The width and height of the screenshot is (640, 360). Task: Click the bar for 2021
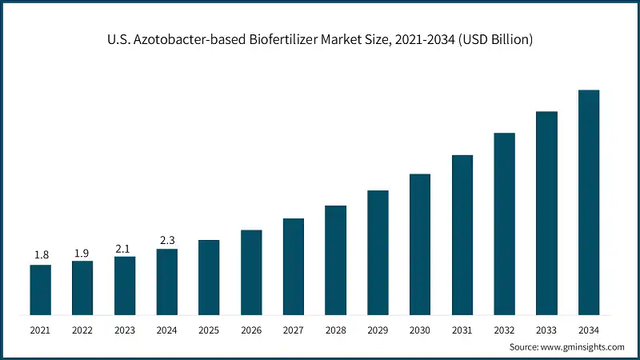coord(41,289)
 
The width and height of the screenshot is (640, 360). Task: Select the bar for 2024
coord(167,281)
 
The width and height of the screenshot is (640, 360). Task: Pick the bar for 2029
coord(378,252)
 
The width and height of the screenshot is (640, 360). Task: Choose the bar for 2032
coord(504,223)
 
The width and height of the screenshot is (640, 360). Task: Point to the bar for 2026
coord(251,271)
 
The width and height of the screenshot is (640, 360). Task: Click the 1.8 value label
coord(41,255)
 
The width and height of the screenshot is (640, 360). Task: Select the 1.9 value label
coord(82,253)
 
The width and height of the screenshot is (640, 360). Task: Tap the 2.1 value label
coord(125,248)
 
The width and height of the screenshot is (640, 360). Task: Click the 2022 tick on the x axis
coord(82,330)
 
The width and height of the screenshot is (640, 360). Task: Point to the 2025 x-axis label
coord(209,330)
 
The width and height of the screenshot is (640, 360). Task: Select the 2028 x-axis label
coord(335,330)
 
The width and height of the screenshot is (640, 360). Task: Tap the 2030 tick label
coord(420,330)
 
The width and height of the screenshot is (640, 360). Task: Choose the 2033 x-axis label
coord(546,330)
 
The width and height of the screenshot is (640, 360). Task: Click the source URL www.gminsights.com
coord(583,347)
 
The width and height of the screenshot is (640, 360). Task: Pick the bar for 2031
coord(462,234)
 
